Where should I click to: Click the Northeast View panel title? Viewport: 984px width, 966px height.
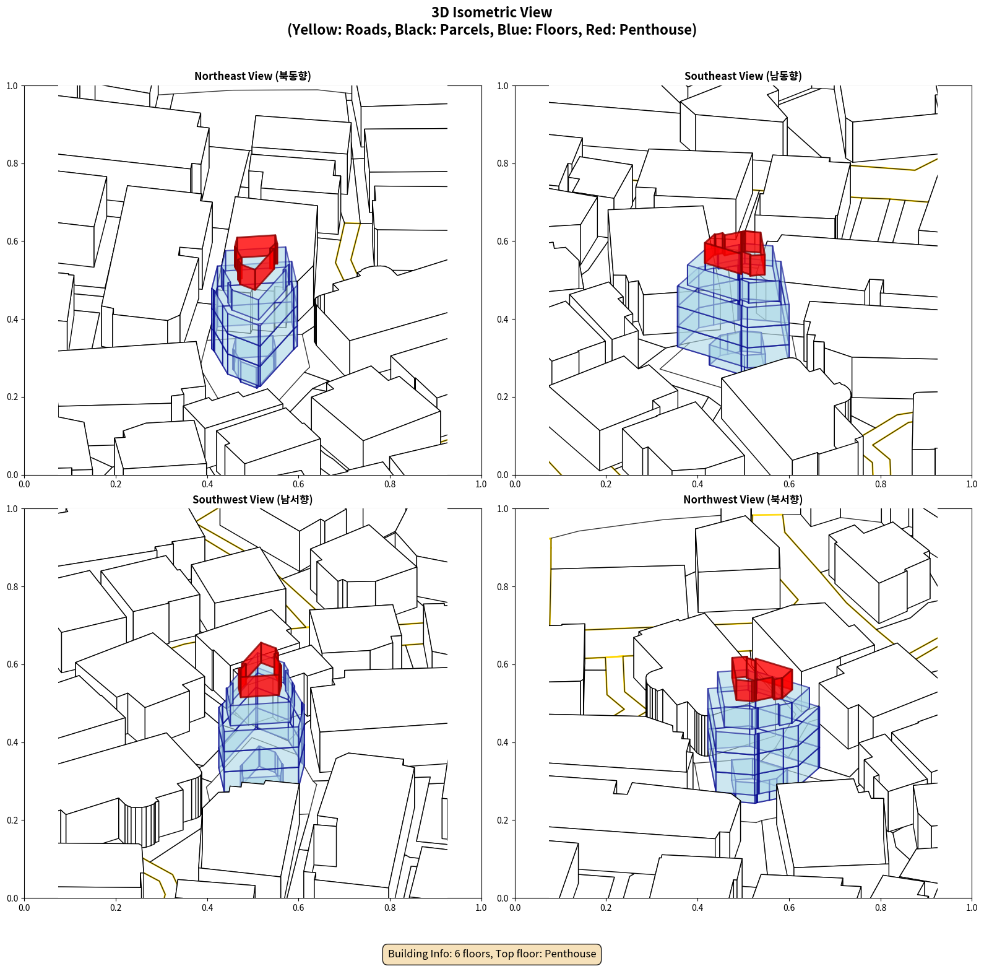pos(252,76)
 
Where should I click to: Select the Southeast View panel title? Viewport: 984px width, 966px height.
pos(743,76)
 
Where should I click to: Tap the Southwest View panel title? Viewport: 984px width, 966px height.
pos(252,500)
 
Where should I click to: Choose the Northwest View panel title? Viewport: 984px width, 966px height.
pos(743,500)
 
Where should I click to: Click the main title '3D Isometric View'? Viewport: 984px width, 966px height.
pos(492,12)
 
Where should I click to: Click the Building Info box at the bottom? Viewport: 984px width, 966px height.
pos(492,954)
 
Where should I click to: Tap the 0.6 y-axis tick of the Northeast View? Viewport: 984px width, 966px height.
pos(12,241)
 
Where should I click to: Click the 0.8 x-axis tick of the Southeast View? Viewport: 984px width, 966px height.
pos(881,484)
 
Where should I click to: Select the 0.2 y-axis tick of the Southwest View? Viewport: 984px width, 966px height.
pos(12,820)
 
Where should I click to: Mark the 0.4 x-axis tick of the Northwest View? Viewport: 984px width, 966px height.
pos(697,908)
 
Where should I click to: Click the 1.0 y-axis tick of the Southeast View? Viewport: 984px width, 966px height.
pos(503,86)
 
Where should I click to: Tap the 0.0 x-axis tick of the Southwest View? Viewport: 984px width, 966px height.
pos(24,908)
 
